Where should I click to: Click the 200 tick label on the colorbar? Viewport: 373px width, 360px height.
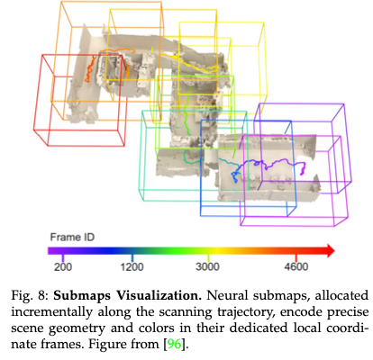click(x=63, y=266)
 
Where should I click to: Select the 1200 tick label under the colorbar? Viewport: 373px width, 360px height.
click(x=132, y=266)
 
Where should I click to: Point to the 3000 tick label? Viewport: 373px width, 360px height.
click(x=207, y=266)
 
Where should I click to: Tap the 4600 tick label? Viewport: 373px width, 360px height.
click(x=296, y=266)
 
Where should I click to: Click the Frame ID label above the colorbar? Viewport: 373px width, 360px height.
click(x=72, y=237)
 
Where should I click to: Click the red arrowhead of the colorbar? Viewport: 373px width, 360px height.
click(x=331, y=251)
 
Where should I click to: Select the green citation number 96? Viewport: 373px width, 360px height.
click(x=174, y=344)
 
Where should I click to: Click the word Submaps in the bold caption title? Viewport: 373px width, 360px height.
click(x=83, y=296)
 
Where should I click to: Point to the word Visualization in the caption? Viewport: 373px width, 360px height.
click(x=159, y=295)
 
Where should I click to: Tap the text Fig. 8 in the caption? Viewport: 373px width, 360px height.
click(x=30, y=296)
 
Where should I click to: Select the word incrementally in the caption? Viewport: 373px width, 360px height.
click(x=51, y=312)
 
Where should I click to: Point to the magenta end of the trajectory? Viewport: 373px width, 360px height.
click(x=303, y=168)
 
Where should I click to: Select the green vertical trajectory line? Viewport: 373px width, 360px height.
click(x=187, y=110)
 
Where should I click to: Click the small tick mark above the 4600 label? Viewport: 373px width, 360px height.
click(x=296, y=257)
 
